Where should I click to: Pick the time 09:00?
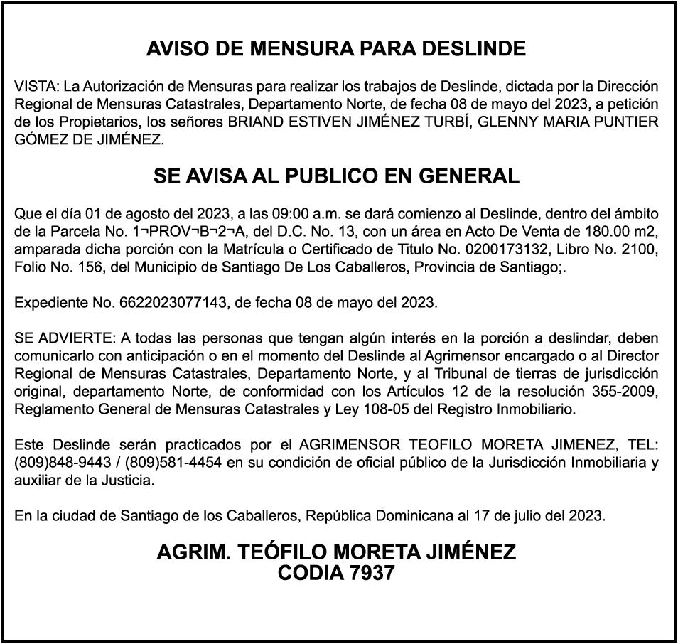coord(271,213)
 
